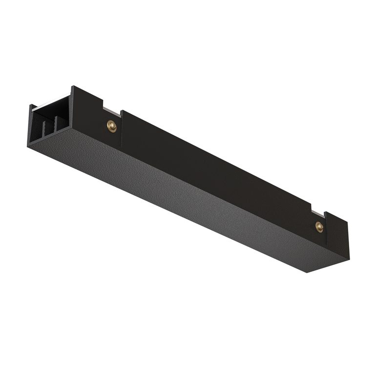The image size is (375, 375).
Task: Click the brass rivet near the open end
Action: point(112,126)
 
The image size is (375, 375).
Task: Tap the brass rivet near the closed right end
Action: point(319,226)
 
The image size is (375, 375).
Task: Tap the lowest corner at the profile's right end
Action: point(308,272)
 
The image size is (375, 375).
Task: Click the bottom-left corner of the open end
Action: point(28,146)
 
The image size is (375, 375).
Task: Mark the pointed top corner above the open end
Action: point(72,87)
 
